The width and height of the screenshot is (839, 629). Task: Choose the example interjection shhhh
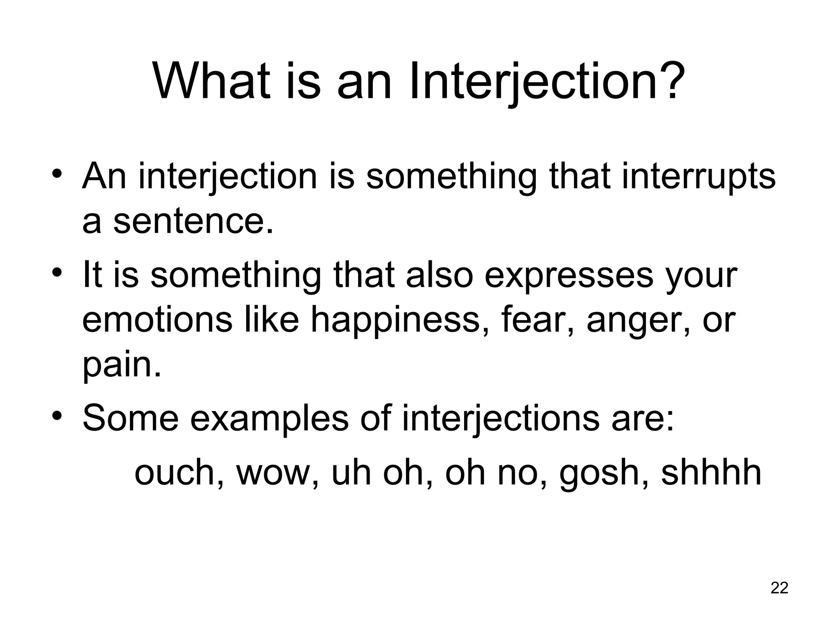coord(711,473)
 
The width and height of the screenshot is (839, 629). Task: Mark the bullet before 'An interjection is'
coord(57,174)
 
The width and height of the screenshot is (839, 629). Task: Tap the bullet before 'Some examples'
coord(57,416)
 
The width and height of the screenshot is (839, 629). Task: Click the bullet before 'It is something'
coord(57,272)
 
